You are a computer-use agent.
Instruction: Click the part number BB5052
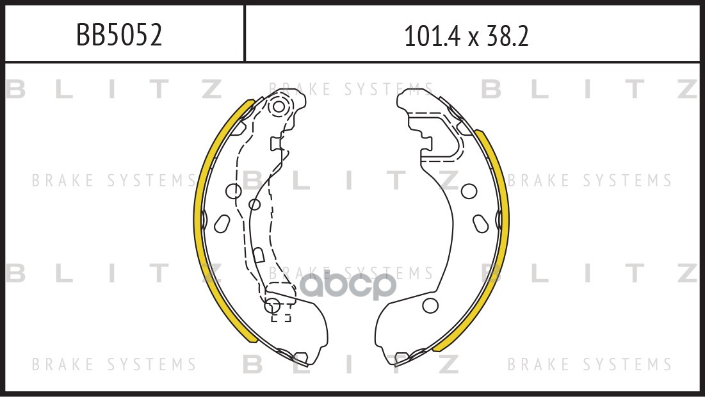119,35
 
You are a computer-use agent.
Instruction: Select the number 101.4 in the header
432,36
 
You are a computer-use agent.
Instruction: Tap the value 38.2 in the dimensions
507,36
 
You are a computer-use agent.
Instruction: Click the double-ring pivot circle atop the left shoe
279,106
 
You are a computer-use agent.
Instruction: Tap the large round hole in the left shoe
234,191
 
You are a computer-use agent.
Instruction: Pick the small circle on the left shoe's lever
254,204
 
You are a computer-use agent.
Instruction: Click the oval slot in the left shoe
222,223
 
